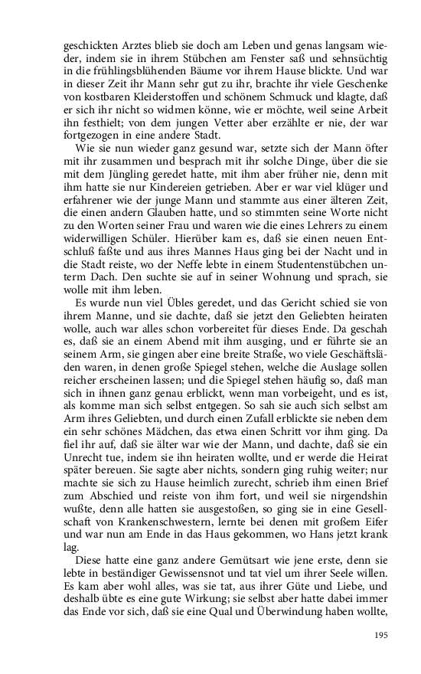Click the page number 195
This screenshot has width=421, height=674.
[380, 635]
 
